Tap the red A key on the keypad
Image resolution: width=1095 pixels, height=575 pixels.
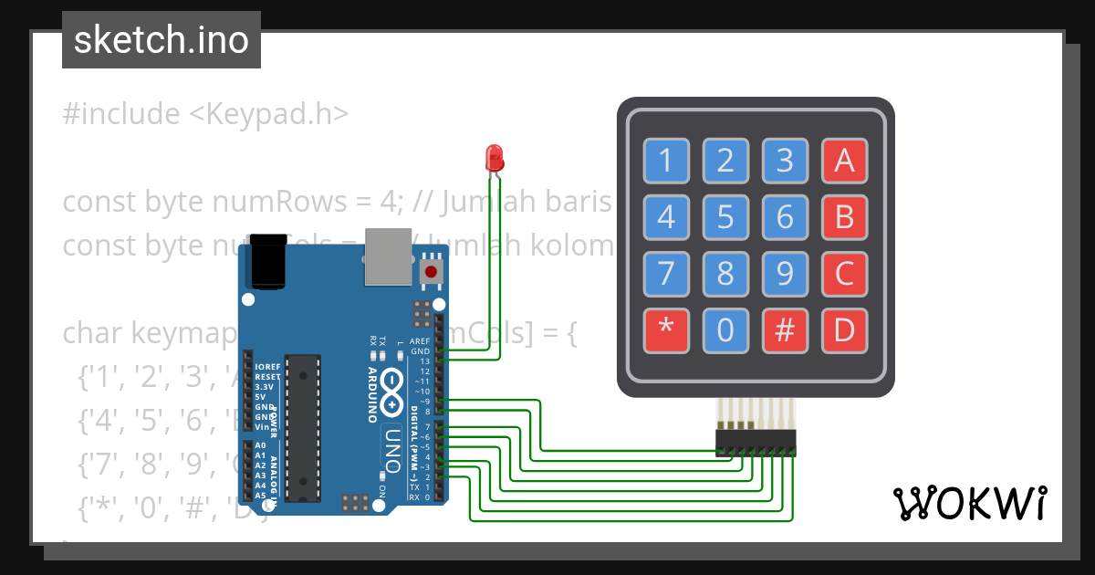[x=844, y=161]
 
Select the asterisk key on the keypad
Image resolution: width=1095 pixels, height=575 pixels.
[x=665, y=330]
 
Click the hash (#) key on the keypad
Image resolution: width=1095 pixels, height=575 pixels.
[x=785, y=330]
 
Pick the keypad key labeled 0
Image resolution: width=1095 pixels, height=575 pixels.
[x=725, y=330]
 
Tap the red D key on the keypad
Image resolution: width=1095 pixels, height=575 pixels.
[x=844, y=330]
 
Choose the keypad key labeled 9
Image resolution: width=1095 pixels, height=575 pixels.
[x=785, y=274]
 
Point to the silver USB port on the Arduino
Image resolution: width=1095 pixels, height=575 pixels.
[x=389, y=255]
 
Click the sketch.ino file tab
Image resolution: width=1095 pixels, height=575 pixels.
[x=162, y=40]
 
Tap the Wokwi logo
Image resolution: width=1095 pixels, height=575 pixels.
[x=969, y=503]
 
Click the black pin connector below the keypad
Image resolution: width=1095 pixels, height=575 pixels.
[x=755, y=444]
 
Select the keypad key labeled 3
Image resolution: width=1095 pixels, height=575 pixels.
[x=785, y=161]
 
